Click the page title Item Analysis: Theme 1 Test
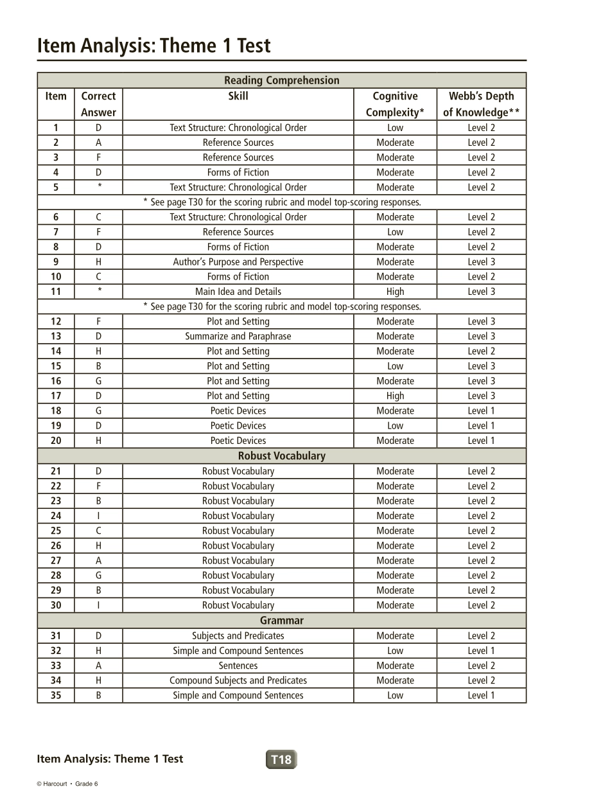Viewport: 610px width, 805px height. (x=153, y=46)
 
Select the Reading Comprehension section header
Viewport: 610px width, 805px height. (x=281, y=80)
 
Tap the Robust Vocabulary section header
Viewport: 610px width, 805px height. (x=281, y=456)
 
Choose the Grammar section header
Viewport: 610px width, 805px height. (x=281, y=621)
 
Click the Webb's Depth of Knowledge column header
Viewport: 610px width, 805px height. (x=481, y=104)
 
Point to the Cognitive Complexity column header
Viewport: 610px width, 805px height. (x=395, y=104)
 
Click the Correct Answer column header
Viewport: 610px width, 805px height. (x=98, y=104)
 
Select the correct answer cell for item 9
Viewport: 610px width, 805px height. (x=98, y=262)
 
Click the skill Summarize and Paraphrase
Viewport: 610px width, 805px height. (x=238, y=337)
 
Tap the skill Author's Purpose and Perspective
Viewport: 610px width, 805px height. (x=238, y=262)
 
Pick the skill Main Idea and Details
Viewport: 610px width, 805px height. (x=238, y=292)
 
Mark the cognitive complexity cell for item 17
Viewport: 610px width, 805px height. (x=395, y=396)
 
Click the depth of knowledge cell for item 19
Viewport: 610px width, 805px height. (x=481, y=426)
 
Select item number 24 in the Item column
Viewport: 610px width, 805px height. (x=56, y=516)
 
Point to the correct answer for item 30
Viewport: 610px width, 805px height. (x=98, y=605)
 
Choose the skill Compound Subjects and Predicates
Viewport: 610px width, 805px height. (x=238, y=680)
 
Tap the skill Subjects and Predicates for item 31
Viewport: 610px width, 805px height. (x=238, y=636)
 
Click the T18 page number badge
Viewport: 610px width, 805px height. (x=281, y=759)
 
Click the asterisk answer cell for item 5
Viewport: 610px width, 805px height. (x=98, y=187)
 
